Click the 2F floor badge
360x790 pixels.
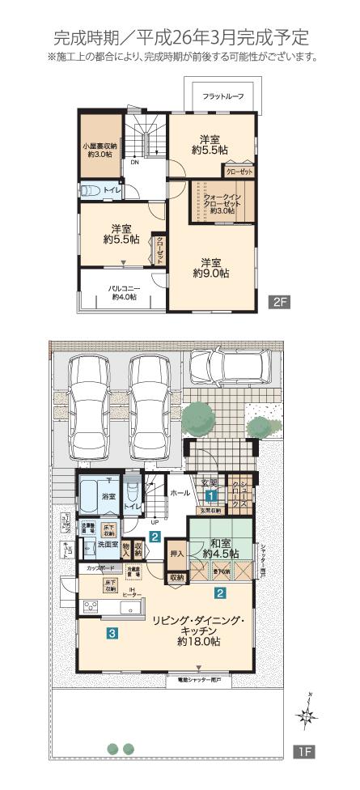pyautogui.click(x=279, y=303)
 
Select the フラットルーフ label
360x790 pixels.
pyautogui.click(x=222, y=96)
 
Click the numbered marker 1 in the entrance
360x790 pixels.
pyautogui.click(x=210, y=495)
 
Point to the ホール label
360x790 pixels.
pyautogui.click(x=179, y=491)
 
